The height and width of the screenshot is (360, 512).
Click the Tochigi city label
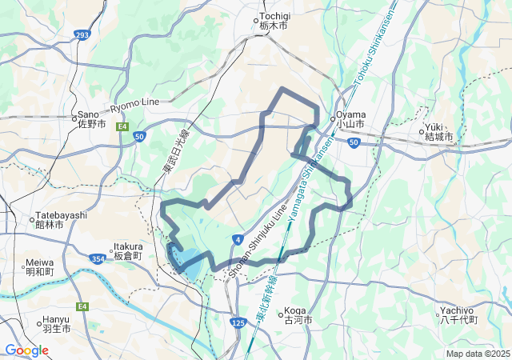[x=273, y=21]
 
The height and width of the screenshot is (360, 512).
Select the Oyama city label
[x=350, y=119]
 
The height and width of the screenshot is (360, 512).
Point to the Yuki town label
[x=438, y=132]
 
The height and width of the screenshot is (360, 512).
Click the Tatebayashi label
[x=61, y=221]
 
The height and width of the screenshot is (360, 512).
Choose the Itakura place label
[x=128, y=250]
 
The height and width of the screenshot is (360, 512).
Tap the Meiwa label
[x=39, y=266]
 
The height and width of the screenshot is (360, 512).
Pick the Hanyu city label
[x=56, y=324]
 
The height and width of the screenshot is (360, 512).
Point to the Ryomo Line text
[x=134, y=104]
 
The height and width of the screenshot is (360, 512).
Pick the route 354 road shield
[x=98, y=258]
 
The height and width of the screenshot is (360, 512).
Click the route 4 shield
[x=238, y=239]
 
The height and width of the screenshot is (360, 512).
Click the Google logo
[x=26, y=350]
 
